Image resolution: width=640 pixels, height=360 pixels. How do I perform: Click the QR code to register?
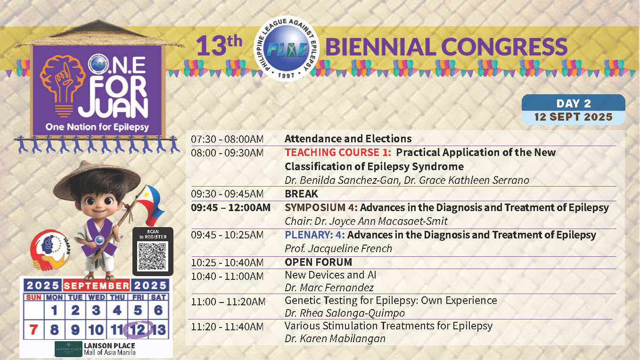(152, 256)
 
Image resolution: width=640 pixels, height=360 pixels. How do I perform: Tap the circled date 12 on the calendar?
(138, 330)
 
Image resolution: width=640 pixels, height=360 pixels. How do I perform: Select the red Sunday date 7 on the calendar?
(34, 330)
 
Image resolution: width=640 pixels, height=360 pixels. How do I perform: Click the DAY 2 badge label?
(574, 103)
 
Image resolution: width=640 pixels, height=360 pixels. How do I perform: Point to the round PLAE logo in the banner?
(286, 49)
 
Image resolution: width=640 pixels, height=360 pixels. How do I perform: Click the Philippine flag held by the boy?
(150, 205)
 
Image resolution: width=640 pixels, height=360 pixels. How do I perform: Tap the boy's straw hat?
(97, 180)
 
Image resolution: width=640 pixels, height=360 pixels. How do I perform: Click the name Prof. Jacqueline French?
(338, 249)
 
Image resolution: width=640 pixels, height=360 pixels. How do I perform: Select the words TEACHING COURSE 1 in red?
(338, 152)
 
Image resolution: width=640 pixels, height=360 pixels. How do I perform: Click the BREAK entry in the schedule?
(302, 194)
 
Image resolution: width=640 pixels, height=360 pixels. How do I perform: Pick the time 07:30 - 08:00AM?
(227, 139)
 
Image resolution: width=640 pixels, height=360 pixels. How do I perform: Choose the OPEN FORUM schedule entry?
(318, 262)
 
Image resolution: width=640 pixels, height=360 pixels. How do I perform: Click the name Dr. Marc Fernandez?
(329, 287)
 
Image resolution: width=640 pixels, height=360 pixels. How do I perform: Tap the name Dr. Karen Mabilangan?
(335, 339)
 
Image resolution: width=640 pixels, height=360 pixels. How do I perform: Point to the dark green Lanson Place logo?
(69, 349)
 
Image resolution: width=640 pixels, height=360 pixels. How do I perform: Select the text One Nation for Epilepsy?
(97, 127)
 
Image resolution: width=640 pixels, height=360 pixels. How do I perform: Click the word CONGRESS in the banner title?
(504, 47)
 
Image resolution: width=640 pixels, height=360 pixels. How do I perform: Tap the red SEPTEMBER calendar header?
(96, 286)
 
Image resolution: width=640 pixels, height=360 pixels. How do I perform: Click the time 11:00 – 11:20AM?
(228, 302)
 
